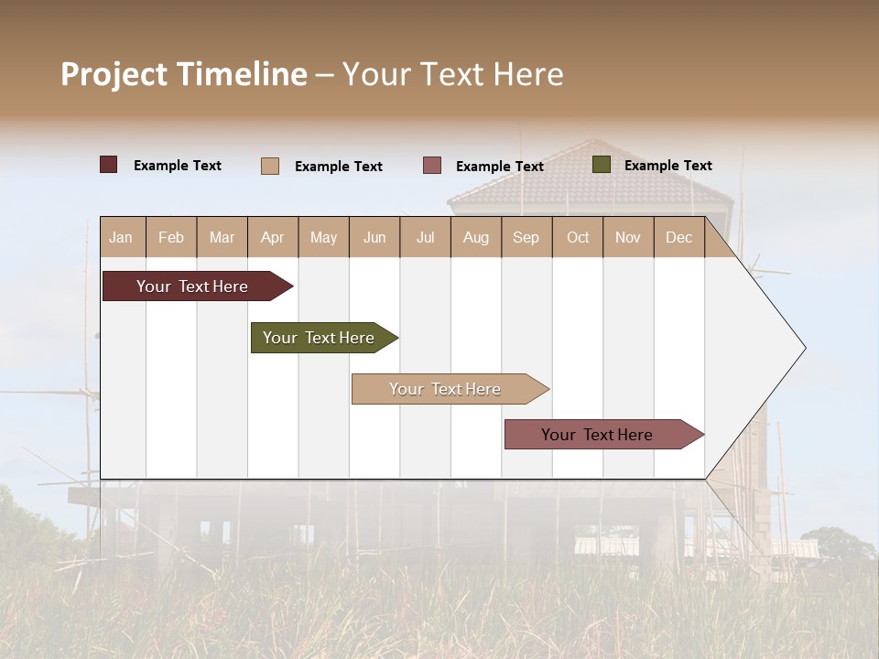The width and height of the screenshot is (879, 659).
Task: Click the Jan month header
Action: pos(121,238)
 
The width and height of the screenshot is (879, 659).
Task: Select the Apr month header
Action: pos(272,238)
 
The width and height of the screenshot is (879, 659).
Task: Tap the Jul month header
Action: pos(425,238)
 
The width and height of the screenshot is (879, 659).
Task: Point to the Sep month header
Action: pos(526,238)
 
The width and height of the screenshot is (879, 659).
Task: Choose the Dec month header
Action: pos(678,238)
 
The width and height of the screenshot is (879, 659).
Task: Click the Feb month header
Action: pos(171,238)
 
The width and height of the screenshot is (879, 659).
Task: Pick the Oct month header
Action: pos(578,238)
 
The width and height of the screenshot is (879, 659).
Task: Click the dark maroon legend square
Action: pos(109,165)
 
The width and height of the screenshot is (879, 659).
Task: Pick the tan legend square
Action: pos(270,166)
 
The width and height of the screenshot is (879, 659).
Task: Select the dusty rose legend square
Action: pos(432,166)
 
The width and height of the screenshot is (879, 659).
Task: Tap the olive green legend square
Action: pos(602,165)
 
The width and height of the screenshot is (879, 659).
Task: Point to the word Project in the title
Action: pos(114,74)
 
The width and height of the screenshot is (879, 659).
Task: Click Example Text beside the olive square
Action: pos(667,166)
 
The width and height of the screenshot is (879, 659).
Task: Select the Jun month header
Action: pos(374,238)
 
